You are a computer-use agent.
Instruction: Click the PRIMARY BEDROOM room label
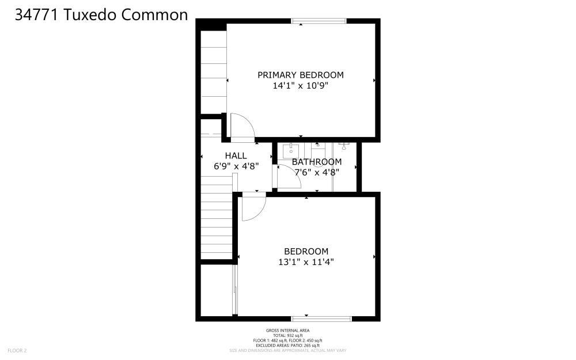[x=300, y=75]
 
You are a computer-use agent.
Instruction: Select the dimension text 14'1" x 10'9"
[x=300, y=86]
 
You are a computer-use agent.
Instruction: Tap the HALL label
[x=236, y=156]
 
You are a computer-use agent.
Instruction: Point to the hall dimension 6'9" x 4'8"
[x=236, y=166]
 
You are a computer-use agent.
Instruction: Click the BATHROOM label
[x=316, y=162]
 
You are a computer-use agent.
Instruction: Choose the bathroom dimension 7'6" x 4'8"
[x=316, y=172]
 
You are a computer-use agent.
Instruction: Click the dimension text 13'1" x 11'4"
[x=306, y=262]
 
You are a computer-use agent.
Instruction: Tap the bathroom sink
[x=287, y=149]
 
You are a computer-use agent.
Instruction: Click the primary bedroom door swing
[x=241, y=128]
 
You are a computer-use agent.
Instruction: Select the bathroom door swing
[x=285, y=176]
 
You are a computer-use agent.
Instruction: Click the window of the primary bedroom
[x=319, y=22]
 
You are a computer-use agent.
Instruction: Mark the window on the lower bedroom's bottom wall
[x=321, y=317]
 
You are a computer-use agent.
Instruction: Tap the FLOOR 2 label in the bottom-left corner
[x=17, y=350]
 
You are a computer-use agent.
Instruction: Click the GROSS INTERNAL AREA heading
[x=287, y=331]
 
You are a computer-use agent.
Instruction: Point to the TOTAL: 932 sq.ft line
[x=287, y=335]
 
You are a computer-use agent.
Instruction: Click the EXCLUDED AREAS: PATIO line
[x=287, y=344]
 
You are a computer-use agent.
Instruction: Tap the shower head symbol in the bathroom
[x=344, y=146]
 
